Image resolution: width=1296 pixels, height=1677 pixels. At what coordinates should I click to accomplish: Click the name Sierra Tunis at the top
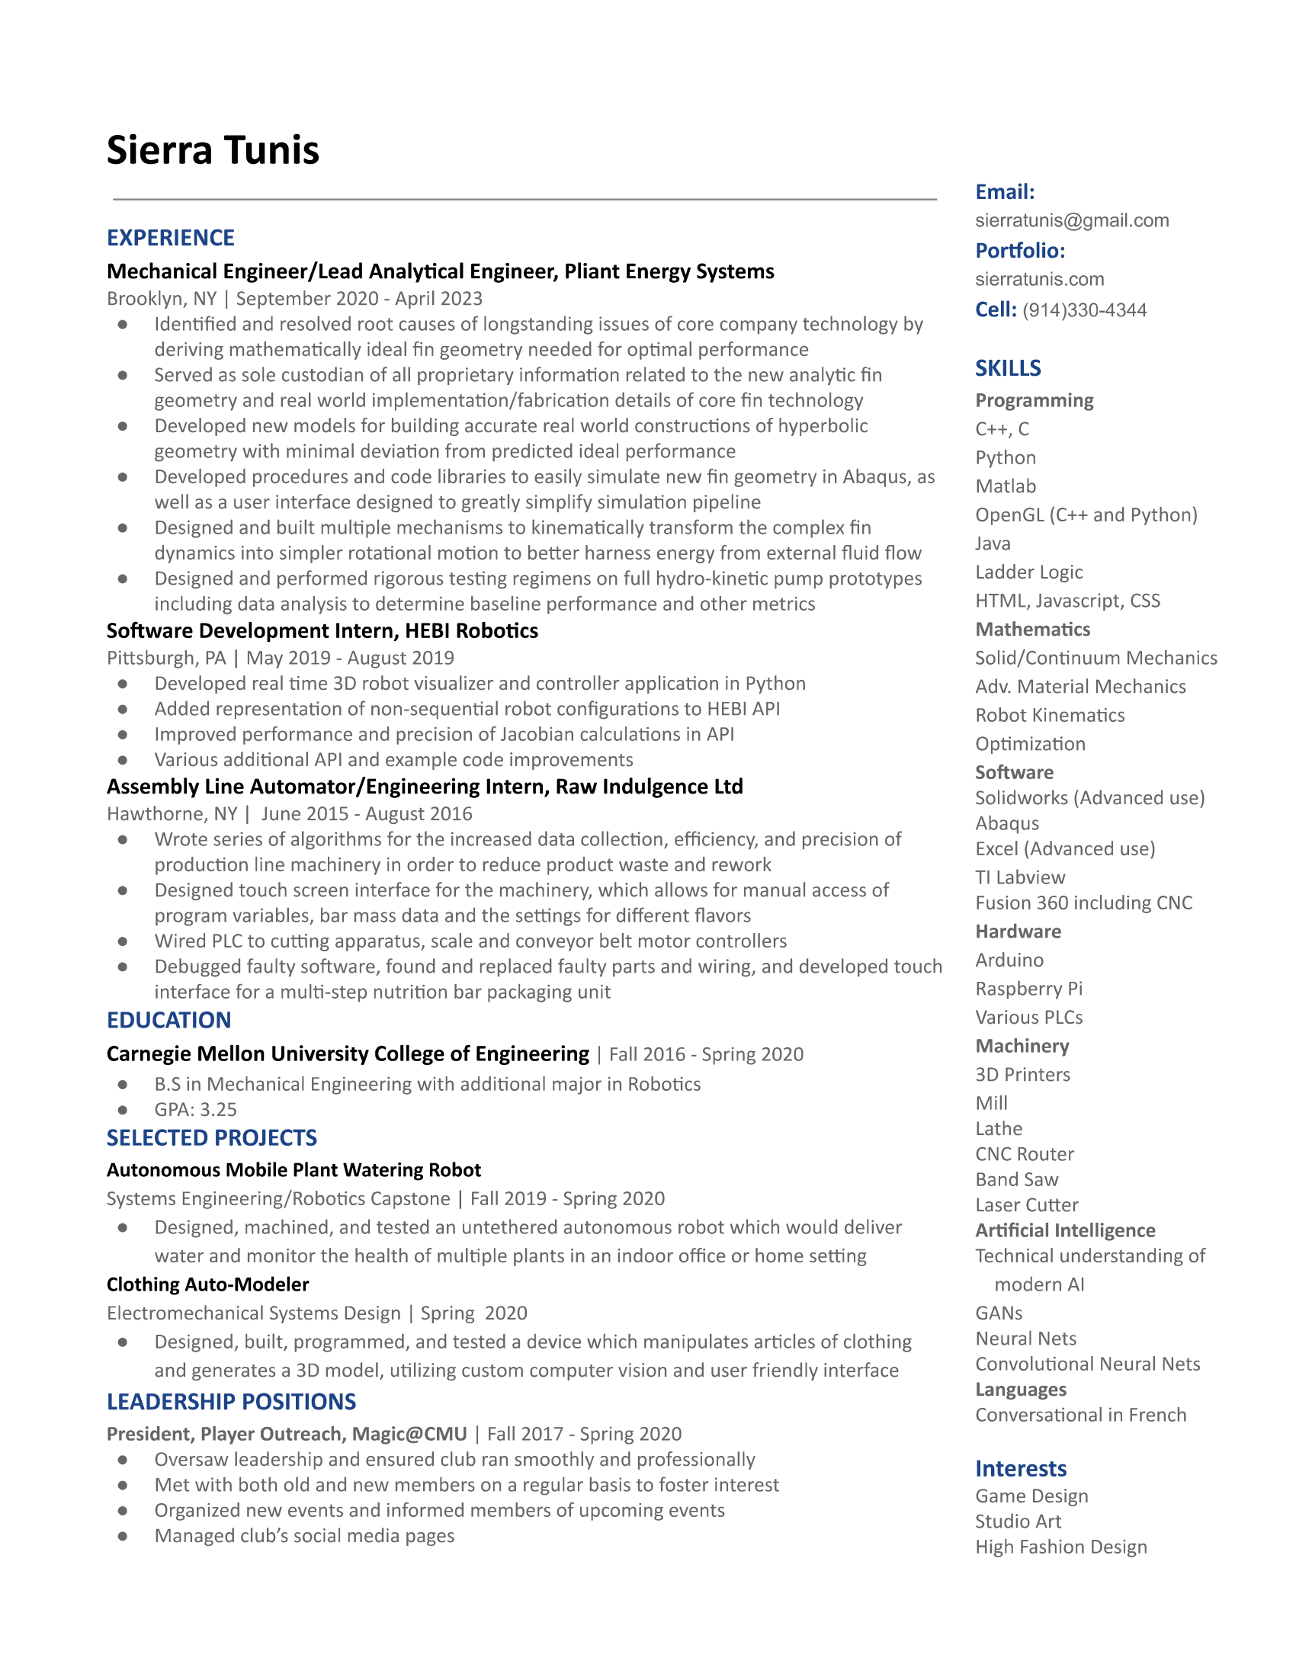pos(213,149)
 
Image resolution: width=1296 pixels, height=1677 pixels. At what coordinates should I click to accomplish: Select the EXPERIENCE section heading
pos(171,238)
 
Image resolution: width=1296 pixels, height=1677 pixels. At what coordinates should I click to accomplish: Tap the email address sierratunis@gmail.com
pos(1072,221)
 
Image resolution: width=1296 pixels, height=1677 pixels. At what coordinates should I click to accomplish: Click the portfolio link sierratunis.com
pos(1040,280)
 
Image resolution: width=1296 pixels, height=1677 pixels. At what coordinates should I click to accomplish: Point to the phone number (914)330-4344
pos(1084,310)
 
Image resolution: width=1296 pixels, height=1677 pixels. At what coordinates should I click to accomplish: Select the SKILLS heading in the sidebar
pos(1007,369)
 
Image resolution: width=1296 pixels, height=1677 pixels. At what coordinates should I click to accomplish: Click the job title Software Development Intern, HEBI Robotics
pos(322,631)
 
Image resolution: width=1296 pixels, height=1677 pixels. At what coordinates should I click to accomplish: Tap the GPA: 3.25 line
pos(195,1110)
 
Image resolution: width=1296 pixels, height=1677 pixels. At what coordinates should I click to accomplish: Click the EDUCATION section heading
pos(169,1021)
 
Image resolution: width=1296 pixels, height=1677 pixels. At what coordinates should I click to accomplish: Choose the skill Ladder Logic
pos(1029,572)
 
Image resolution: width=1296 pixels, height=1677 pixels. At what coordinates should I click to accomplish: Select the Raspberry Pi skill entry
pos(1029,989)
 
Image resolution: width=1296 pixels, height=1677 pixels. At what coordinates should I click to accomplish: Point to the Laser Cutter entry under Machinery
pos(1027,1204)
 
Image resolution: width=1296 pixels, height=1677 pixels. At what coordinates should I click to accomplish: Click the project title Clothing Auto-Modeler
pos(207,1284)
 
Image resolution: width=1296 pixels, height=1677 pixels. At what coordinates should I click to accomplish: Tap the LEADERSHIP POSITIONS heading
pos(231,1402)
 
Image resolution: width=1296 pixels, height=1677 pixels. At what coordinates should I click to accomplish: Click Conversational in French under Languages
pos(1080,1416)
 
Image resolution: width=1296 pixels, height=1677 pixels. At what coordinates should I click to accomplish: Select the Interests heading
pos(1020,1469)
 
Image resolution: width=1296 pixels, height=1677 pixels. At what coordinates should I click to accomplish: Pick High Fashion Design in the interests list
pos(1061,1547)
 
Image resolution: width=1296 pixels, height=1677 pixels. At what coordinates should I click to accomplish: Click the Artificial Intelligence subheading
pos(1065,1231)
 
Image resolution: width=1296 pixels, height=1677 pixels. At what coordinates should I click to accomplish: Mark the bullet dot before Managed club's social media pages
pos(123,1537)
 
